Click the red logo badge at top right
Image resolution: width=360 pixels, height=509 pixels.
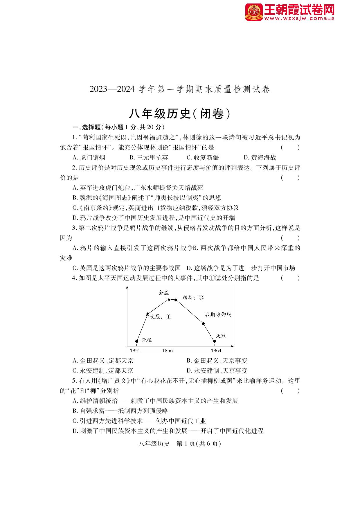click(x=254, y=12)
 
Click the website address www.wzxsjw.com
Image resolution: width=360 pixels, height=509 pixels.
click(x=294, y=19)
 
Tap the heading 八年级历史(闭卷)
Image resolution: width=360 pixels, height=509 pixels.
click(x=180, y=114)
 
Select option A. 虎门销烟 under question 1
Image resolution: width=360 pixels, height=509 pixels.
click(x=89, y=158)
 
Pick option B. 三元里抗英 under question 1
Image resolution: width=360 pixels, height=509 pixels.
click(x=149, y=158)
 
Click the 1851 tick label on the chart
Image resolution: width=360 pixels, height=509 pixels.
click(x=135, y=350)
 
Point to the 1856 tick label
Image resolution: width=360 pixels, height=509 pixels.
click(x=168, y=350)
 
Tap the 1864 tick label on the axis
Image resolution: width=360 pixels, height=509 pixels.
click(x=216, y=350)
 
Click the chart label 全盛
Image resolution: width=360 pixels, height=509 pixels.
click(x=163, y=293)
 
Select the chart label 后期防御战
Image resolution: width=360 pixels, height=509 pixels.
click(x=218, y=314)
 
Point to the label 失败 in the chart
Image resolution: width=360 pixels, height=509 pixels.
click(x=221, y=336)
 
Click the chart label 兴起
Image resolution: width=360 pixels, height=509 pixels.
click(x=146, y=340)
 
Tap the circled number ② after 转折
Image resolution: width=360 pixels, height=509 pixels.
click(x=201, y=297)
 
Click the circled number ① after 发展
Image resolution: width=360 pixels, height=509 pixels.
click(x=168, y=317)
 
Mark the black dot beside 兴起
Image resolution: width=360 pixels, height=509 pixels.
click(x=137, y=341)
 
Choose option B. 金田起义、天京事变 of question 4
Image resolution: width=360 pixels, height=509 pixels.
click(x=217, y=361)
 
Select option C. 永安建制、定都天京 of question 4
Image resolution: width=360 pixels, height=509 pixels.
click(x=103, y=370)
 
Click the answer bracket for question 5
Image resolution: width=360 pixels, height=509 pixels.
click(x=290, y=391)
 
